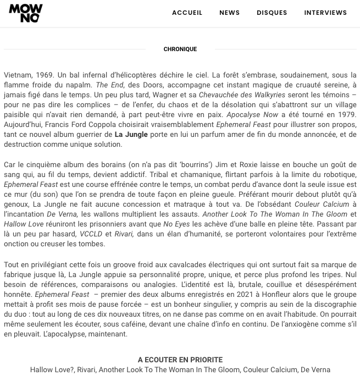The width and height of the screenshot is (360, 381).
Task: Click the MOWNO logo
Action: [25, 13]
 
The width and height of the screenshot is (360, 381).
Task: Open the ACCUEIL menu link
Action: [187, 13]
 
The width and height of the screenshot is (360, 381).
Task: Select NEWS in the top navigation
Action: [229, 13]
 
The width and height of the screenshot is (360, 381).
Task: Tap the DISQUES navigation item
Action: [272, 13]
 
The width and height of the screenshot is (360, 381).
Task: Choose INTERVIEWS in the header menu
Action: [325, 13]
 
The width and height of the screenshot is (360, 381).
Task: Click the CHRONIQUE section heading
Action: [180, 49]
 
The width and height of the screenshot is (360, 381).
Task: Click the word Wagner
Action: [173, 95]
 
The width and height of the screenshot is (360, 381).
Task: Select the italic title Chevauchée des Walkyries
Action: [242, 95]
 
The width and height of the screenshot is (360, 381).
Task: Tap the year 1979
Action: [346, 115]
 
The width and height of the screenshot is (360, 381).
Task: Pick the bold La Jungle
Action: [131, 135]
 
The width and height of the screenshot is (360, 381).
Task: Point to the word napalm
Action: [80, 85]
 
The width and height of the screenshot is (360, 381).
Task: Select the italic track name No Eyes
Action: [176, 224]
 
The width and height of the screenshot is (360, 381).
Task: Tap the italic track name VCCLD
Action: [91, 234]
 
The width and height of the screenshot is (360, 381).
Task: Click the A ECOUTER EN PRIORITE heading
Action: [180, 360]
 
